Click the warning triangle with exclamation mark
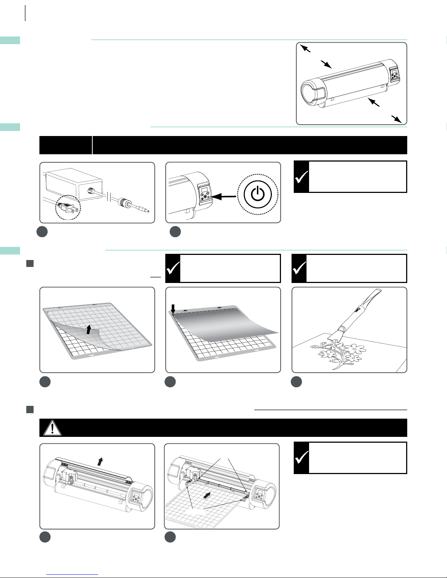52,428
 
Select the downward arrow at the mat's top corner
173,308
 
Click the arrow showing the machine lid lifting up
100,461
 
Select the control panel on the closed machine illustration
394,75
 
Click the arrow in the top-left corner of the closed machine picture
305,48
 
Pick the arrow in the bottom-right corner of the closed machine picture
396,119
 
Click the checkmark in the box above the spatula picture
299,268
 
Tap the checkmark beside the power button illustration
301,177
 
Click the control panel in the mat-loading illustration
260,495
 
